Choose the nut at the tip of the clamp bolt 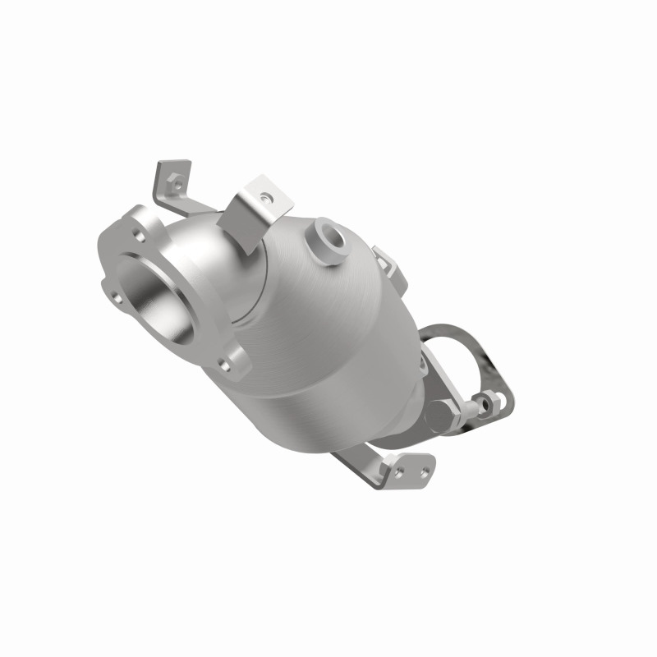[491, 402]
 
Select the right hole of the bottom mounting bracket [425, 471]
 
